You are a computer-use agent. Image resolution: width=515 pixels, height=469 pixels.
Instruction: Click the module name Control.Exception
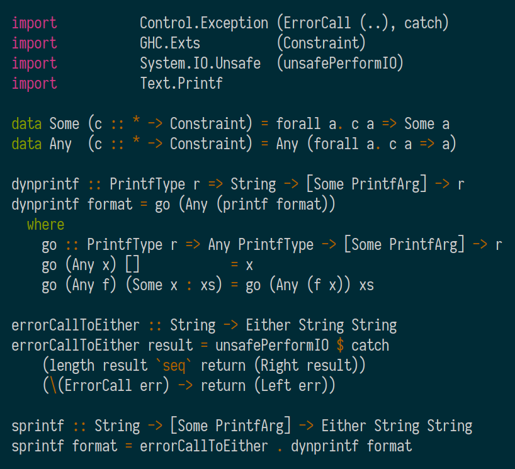pos(204,23)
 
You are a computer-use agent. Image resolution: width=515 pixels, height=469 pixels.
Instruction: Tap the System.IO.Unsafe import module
pos(200,64)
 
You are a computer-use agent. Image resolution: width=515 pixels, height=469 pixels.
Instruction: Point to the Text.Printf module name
pos(181,84)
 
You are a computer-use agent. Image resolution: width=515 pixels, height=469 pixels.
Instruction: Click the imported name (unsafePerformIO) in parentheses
pos(340,64)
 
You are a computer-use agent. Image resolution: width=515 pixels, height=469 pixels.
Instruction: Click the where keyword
pos(45,225)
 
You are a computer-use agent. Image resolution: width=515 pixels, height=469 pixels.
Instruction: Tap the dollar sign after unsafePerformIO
pos(340,346)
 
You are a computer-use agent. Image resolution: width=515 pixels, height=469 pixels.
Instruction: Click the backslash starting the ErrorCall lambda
pos(53,386)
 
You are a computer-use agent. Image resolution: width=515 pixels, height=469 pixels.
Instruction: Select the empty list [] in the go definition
pos(132,265)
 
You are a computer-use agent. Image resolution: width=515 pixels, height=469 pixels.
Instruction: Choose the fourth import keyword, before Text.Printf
pos(34,84)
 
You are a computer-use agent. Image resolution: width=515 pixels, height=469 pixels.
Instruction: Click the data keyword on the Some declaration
pos(26,124)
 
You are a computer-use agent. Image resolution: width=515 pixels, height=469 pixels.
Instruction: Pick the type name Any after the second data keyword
pos(60,144)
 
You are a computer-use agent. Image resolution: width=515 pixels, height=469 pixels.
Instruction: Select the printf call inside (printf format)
pos(242,205)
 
